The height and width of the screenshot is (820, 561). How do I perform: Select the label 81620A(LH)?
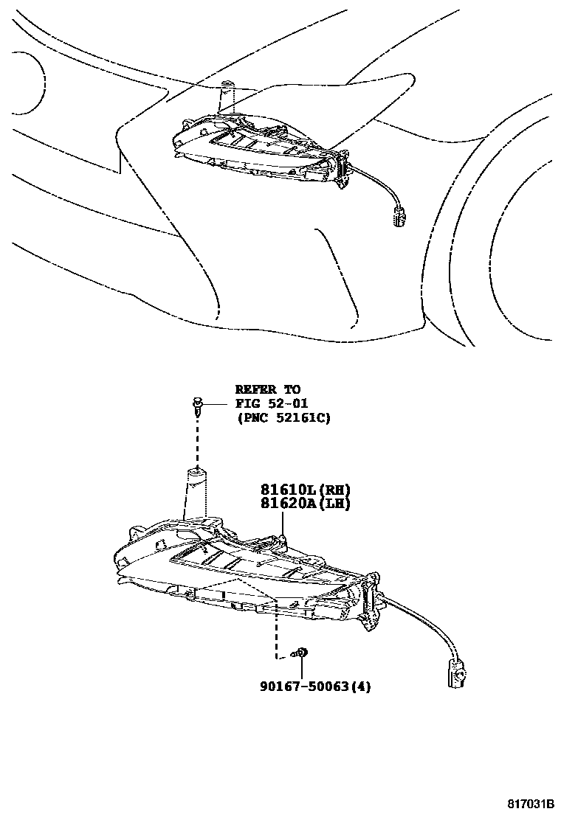[304, 504]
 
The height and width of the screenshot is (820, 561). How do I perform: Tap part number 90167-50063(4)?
[314, 687]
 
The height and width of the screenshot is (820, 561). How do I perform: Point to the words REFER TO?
[268, 389]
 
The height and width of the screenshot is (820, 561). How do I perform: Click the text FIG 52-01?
[272, 403]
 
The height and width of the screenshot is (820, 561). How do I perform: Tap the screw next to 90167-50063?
[301, 653]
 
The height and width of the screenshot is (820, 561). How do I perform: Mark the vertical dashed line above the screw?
[277, 627]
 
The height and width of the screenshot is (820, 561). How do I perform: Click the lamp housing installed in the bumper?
[258, 147]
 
